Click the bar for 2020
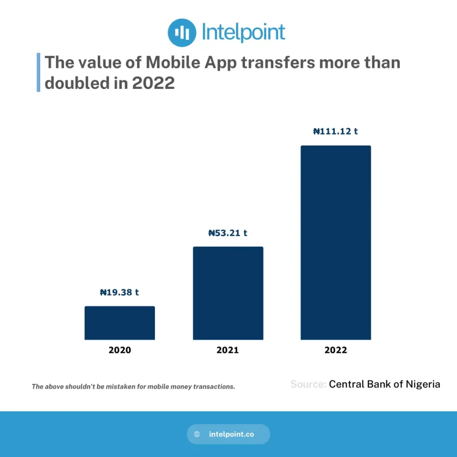click(x=120, y=323)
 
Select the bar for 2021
click(x=228, y=293)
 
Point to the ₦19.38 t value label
click(x=119, y=293)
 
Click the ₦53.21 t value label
click(x=228, y=233)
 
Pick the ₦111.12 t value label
click(x=336, y=132)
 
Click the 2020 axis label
click(x=120, y=350)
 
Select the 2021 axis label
click(x=228, y=350)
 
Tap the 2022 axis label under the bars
click(x=336, y=350)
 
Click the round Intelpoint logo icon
click(x=182, y=32)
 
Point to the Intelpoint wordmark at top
click(x=243, y=33)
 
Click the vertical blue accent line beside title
click(x=38, y=72)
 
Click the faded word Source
click(x=308, y=384)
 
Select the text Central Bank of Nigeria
click(x=384, y=384)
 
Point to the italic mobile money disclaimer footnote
click(x=133, y=387)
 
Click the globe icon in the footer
click(x=197, y=434)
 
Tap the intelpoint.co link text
click(x=231, y=434)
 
